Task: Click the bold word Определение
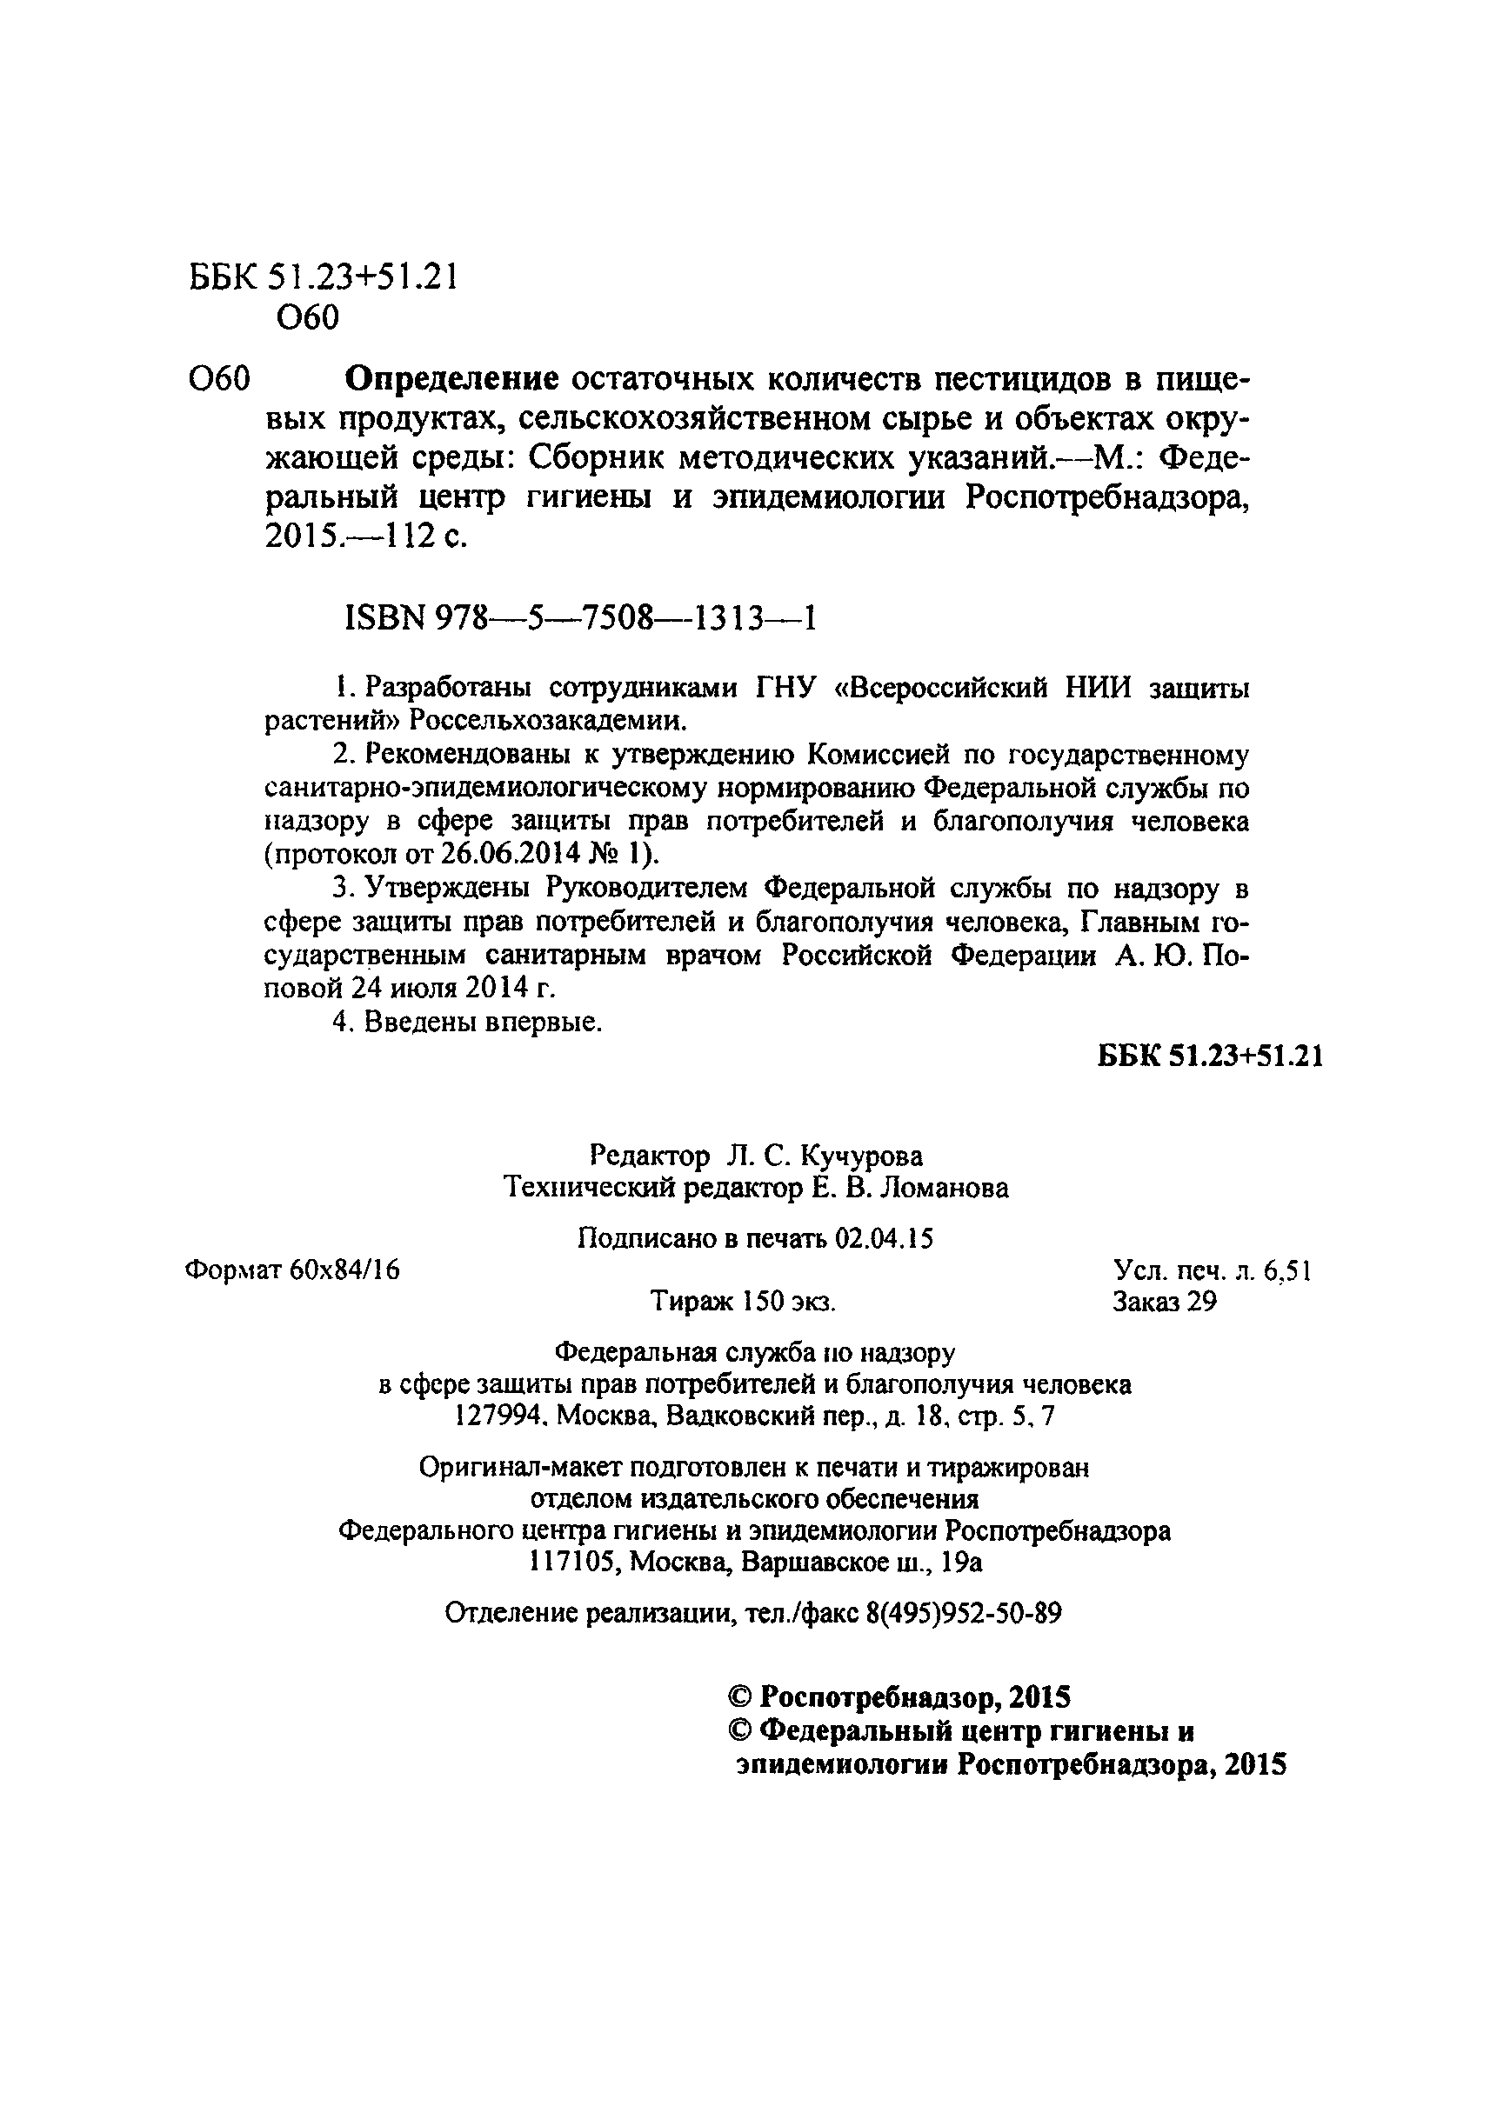tap(451, 378)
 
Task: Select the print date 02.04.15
tap(884, 1239)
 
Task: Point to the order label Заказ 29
tap(1165, 1302)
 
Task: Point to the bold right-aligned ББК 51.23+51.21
tap(1210, 1056)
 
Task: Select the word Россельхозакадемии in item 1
tap(548, 721)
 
